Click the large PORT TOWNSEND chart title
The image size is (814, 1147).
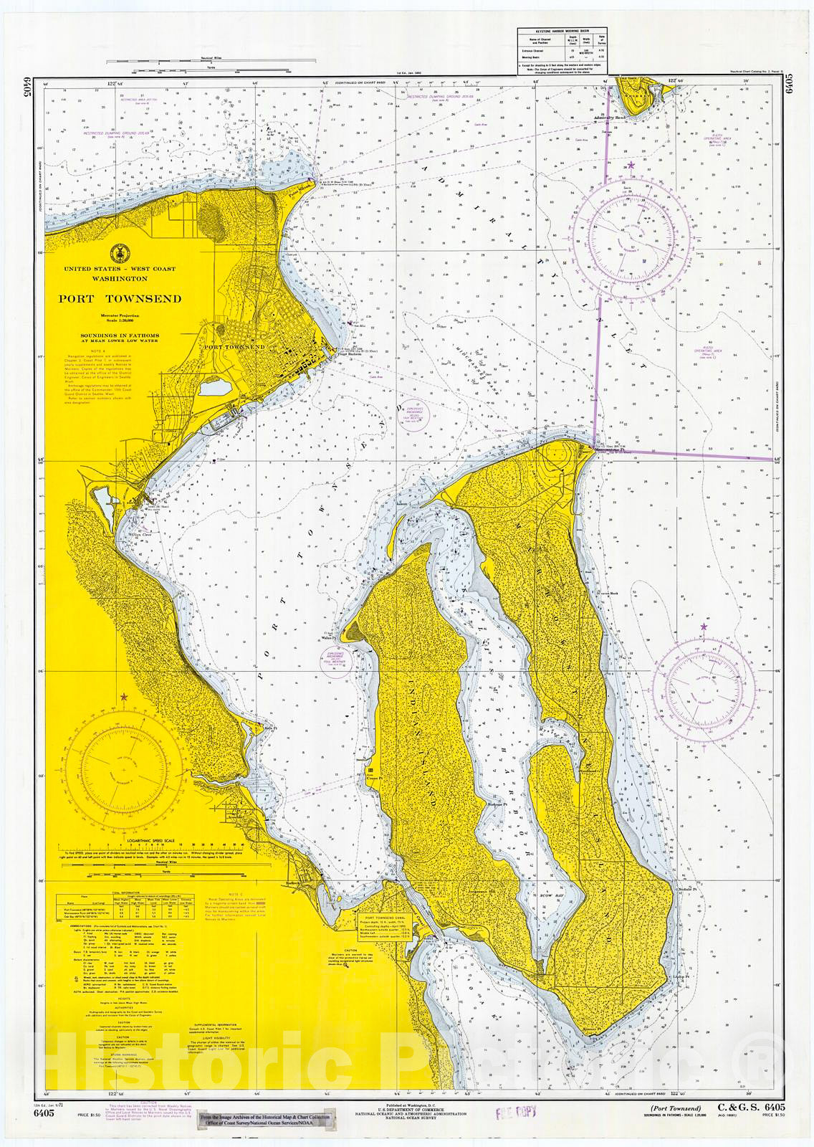click(x=120, y=299)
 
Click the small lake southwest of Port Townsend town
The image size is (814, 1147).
click(x=213, y=389)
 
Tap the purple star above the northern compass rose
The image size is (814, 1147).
click(x=631, y=166)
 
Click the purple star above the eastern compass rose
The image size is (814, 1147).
click(x=704, y=627)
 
